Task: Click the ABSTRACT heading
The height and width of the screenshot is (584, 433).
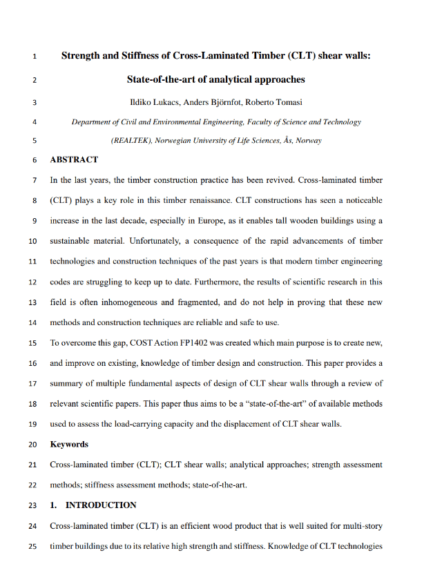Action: coord(74,160)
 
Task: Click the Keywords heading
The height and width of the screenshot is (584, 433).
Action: coord(69,444)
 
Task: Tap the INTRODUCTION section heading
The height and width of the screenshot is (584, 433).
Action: coord(100,505)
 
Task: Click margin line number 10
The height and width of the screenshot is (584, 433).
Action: coord(32,242)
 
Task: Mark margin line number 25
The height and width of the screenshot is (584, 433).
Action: coord(32,546)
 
